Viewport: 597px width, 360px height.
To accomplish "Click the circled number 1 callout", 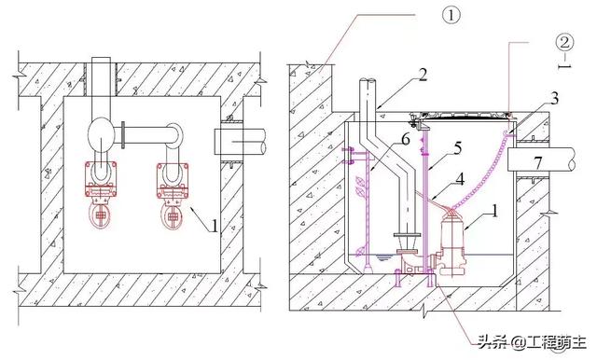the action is (x=451, y=15).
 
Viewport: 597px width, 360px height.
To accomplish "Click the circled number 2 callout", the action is (x=564, y=42).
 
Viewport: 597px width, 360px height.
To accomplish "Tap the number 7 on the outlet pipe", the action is (x=537, y=163).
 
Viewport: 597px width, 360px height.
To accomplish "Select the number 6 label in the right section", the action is (x=406, y=140).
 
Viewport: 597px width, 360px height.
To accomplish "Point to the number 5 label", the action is (x=457, y=148).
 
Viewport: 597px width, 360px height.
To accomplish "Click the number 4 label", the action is (x=460, y=179).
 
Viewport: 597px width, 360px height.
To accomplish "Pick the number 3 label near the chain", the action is (x=554, y=99).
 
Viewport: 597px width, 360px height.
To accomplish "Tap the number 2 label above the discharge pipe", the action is (x=423, y=75).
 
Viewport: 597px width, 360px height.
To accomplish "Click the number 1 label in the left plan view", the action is (x=215, y=226).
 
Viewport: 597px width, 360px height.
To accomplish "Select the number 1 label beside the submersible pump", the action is (x=494, y=211).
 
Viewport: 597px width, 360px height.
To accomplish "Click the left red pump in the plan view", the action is (x=101, y=194).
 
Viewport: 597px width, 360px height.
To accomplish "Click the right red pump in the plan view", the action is (x=173, y=195).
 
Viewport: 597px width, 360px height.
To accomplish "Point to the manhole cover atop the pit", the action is (x=463, y=115).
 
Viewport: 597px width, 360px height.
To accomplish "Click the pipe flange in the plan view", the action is (x=123, y=134).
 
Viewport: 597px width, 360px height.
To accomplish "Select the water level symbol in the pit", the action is (x=382, y=257).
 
